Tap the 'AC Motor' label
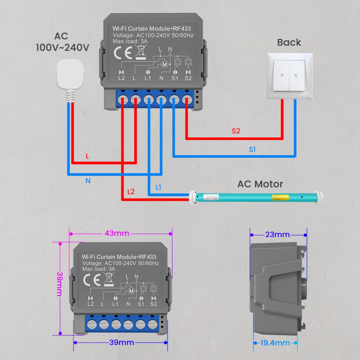[260, 184]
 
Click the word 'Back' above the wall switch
[289, 42]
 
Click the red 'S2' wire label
[236, 131]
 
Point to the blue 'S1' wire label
[252, 149]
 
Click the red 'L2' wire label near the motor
[131, 192]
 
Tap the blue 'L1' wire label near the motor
[158, 188]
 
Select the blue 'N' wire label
[88, 181]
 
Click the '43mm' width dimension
[117, 233]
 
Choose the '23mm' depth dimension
[278, 235]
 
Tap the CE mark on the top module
[120, 53]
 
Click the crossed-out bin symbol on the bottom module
[108, 279]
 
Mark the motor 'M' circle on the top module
[165, 64]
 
